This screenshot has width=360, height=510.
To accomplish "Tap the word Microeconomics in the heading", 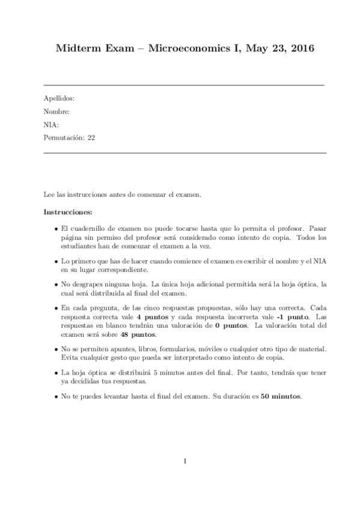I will [x=185, y=48].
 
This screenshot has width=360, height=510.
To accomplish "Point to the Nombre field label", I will [x=56, y=111].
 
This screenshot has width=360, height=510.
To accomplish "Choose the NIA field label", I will [x=51, y=124].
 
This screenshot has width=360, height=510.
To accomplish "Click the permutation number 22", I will [x=91, y=137].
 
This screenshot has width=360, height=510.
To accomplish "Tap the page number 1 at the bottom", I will [x=186, y=461].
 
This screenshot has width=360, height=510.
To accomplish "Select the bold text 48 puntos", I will [x=138, y=334].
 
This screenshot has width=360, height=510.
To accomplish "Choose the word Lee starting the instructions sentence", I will [x=49, y=195].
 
